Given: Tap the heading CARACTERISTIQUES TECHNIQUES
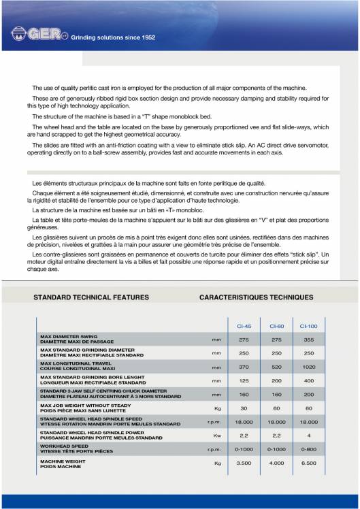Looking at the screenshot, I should click(256, 297).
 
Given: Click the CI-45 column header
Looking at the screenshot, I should click(244, 326).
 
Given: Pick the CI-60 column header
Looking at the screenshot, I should click(276, 326).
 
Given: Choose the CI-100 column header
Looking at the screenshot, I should click(308, 326).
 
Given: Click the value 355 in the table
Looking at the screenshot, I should click(308, 339).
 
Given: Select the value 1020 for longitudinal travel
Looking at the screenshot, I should click(308, 367).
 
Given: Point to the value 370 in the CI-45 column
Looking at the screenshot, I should click(244, 367).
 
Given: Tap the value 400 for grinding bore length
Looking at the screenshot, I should click(308, 381).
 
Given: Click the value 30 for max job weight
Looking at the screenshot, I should click(244, 408).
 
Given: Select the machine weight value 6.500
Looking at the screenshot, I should click(308, 463).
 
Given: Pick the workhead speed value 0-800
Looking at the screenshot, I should click(308, 450).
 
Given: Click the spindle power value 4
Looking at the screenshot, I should click(308, 435).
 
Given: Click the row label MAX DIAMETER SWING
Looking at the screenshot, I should click(70, 336).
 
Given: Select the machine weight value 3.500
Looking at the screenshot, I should click(244, 463).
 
